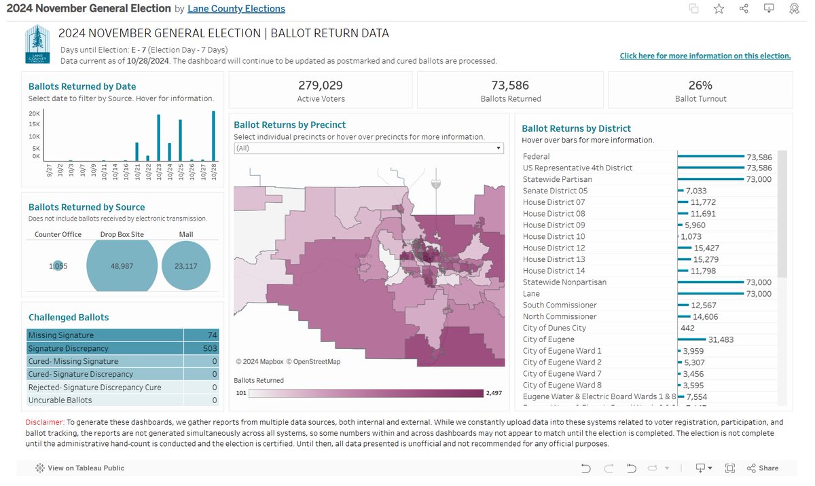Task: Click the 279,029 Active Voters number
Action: point(321,86)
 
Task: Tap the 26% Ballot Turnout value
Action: point(700,86)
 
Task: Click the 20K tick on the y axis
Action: point(35,113)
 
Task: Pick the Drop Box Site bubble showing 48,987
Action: point(122,266)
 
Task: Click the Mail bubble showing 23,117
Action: point(186,266)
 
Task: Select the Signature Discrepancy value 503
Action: point(209,348)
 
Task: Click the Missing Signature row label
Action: point(61,335)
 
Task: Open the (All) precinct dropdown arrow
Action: point(499,148)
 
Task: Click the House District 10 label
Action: point(554,236)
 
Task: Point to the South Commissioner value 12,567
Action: point(703,305)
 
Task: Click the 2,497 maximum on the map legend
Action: point(492,392)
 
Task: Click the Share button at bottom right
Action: point(763,468)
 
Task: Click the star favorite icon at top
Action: point(719,9)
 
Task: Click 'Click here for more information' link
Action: point(705,56)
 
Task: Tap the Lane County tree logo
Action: point(37,45)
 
